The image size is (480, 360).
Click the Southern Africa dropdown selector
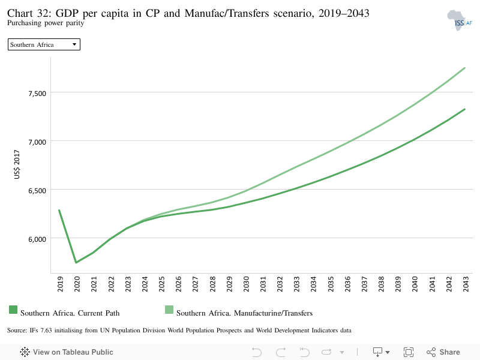(x=44, y=44)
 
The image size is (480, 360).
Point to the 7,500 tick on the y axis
(x=36, y=92)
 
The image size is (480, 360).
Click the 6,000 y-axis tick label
(x=36, y=238)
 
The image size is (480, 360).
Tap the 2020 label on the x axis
(x=77, y=285)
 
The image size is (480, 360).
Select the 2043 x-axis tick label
(x=464, y=285)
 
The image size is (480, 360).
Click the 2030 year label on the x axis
(x=245, y=285)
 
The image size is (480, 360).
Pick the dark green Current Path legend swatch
(x=13, y=310)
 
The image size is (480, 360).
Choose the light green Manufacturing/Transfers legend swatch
(x=169, y=310)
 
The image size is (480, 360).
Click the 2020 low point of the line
(x=76, y=262)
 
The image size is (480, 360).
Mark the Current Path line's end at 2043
(x=464, y=109)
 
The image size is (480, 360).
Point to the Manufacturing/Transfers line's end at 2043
(x=464, y=68)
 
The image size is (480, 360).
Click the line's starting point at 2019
(x=59, y=210)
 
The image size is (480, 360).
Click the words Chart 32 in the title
(x=26, y=13)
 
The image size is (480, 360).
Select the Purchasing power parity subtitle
(x=46, y=23)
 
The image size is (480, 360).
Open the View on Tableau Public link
(x=67, y=352)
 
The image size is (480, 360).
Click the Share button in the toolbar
(x=443, y=352)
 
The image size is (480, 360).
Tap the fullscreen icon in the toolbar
(x=409, y=352)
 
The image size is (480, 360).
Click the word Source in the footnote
(x=17, y=331)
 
